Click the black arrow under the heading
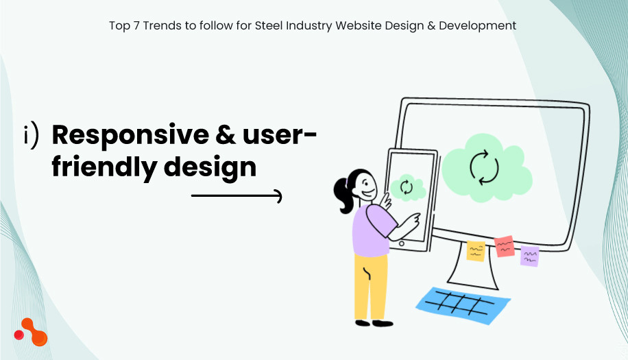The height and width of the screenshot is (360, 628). click(237, 197)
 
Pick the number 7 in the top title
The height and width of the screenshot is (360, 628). click(136, 26)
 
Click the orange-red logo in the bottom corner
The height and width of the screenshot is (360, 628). click(31, 333)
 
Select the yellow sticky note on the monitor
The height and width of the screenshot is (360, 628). click(476, 251)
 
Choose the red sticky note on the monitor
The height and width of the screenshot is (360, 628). click(505, 246)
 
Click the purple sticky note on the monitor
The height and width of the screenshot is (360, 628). click(529, 256)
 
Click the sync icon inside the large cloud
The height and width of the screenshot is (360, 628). click(483, 166)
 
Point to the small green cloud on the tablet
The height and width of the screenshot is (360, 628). click(406, 187)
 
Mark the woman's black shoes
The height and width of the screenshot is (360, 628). click(374, 322)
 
